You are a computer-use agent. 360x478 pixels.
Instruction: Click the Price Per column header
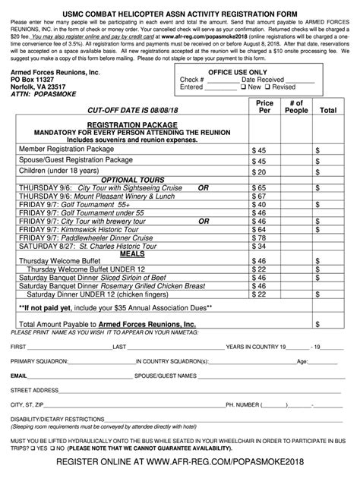pyautogui.click(x=264, y=106)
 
